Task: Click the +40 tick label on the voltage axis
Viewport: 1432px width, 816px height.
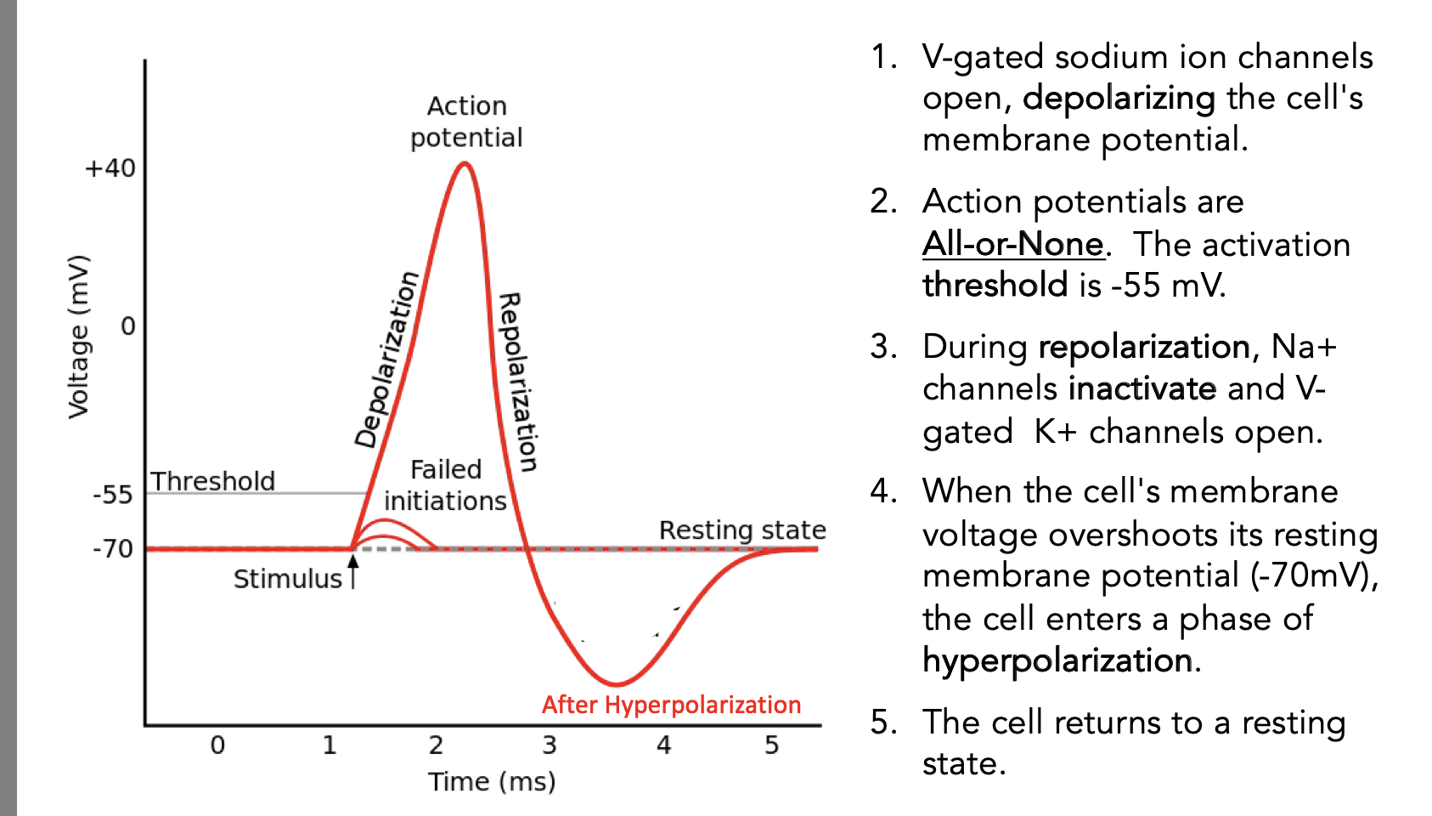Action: click(110, 168)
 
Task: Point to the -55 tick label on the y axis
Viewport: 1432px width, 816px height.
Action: click(113, 495)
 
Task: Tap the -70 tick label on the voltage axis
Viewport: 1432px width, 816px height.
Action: click(113, 549)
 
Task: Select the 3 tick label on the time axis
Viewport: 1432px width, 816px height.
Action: click(550, 745)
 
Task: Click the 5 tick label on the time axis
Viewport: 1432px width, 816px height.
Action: click(771, 745)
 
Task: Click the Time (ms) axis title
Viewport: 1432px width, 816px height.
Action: click(492, 781)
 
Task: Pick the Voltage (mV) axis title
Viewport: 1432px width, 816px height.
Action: click(78, 337)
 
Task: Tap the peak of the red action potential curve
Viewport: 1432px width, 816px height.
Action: click(464, 163)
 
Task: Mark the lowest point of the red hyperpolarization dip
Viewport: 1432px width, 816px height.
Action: click(617, 683)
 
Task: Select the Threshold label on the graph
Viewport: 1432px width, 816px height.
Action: click(213, 481)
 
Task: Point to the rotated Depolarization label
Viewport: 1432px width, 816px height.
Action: click(387, 359)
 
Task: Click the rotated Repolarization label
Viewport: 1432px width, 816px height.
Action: click(517, 382)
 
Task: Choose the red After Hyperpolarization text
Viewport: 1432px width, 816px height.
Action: click(671, 705)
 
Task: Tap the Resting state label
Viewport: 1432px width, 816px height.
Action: click(742, 530)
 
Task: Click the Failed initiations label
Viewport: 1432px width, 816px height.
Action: click(445, 485)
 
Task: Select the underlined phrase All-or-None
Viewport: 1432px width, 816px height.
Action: click(1012, 244)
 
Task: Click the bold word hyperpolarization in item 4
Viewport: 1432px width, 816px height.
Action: click(1057, 660)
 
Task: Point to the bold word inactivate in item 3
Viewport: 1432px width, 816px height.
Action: click(1142, 388)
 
